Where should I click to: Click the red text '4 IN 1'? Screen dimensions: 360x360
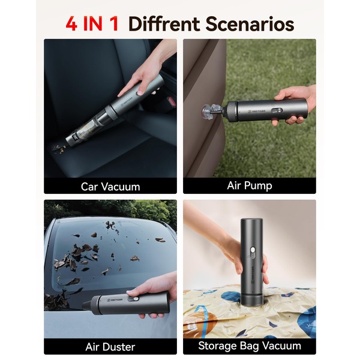tap(92, 24)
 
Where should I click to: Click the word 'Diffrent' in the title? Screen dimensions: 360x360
tap(164, 24)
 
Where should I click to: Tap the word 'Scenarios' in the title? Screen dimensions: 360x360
tap(250, 24)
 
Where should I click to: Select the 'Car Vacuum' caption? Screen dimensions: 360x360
tap(110, 187)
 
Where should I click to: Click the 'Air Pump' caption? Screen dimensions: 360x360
tap(250, 185)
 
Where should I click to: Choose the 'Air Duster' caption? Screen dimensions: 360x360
tap(110, 347)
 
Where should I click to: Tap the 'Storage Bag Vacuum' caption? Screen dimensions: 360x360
tap(250, 346)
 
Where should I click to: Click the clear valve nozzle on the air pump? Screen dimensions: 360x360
tap(211, 110)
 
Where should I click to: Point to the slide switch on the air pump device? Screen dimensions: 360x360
tap(277, 110)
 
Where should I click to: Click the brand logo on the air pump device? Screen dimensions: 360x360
tap(257, 112)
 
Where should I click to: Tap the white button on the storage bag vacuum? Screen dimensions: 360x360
tap(253, 250)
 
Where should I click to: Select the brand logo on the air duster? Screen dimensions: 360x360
tap(115, 299)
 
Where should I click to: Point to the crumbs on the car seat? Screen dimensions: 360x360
tap(59, 148)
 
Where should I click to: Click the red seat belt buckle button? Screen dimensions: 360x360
tap(171, 101)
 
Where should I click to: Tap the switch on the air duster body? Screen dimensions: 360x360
tap(134, 299)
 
